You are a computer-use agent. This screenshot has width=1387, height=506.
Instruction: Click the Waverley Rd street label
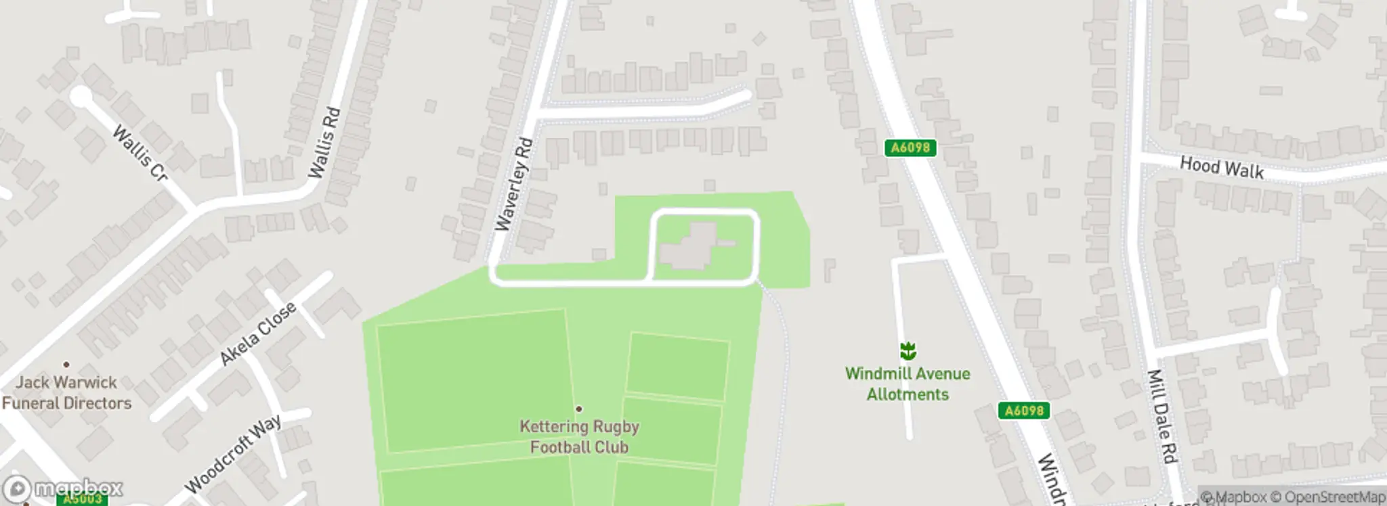(514, 185)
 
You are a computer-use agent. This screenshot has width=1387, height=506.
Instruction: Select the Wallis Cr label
(140, 153)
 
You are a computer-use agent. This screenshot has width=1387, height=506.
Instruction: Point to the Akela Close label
(258, 333)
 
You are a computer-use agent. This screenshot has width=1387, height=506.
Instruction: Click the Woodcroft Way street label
(233, 454)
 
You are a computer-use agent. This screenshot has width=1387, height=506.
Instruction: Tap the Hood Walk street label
(1221, 167)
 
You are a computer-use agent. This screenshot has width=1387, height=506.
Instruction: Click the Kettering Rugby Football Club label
(579, 437)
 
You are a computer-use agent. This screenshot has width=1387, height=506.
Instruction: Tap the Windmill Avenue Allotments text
(908, 384)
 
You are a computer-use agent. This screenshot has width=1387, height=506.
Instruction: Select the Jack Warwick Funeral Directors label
(66, 393)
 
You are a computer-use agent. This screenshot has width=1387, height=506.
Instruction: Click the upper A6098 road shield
(910, 147)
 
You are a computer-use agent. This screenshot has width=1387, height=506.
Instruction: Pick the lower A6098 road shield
(1023, 411)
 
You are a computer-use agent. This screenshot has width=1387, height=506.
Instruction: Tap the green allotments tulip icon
(908, 351)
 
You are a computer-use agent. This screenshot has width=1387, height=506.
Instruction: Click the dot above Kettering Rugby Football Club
(579, 409)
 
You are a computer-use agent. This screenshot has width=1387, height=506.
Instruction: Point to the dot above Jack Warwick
(66, 365)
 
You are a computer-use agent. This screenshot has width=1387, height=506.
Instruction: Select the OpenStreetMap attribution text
(1327, 497)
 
